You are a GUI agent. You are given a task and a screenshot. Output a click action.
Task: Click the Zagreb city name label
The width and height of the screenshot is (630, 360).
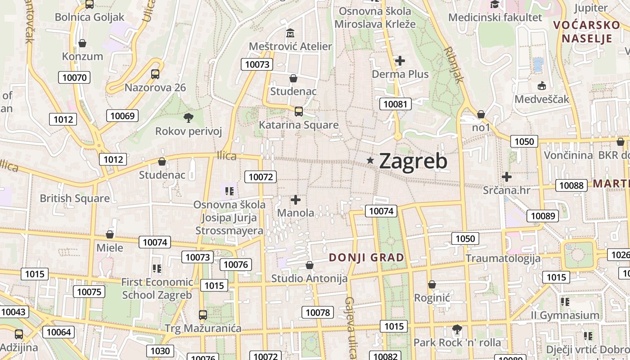point(413,161)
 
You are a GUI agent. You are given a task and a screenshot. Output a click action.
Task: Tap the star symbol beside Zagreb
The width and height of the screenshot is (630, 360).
point(370,160)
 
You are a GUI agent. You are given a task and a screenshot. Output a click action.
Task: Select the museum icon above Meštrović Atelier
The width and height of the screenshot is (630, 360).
point(290,33)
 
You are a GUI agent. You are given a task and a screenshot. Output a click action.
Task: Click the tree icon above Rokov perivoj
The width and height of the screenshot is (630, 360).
point(189,118)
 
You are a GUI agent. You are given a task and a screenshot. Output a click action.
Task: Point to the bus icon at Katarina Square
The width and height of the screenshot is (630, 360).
point(298,111)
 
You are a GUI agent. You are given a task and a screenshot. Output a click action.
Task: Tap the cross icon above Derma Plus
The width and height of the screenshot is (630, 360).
point(400,60)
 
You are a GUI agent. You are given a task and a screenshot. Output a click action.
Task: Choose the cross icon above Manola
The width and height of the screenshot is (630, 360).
point(296,199)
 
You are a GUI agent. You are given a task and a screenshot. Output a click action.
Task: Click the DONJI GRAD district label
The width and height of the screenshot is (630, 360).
point(366,258)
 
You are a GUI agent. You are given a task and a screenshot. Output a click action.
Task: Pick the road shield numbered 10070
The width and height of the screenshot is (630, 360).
point(74,77)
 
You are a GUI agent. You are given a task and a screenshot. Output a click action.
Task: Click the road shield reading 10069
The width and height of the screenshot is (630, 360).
point(122,116)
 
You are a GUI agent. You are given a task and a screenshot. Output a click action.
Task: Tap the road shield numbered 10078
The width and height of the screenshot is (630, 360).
point(318,312)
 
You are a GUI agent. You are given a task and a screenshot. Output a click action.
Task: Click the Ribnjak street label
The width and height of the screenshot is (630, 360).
point(453,64)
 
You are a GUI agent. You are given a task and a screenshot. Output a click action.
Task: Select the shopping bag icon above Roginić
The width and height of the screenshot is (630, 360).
point(432,284)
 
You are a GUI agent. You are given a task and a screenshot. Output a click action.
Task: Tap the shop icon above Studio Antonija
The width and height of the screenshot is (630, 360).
point(309,265)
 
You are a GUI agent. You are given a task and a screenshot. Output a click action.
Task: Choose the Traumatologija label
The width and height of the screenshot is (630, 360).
point(503,258)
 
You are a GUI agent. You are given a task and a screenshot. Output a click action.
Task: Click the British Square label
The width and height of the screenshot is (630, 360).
point(75,198)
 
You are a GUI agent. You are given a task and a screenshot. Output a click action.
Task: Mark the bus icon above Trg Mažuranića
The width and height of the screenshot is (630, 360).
point(203,315)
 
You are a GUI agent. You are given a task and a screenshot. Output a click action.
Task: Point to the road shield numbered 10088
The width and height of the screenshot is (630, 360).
point(571,185)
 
